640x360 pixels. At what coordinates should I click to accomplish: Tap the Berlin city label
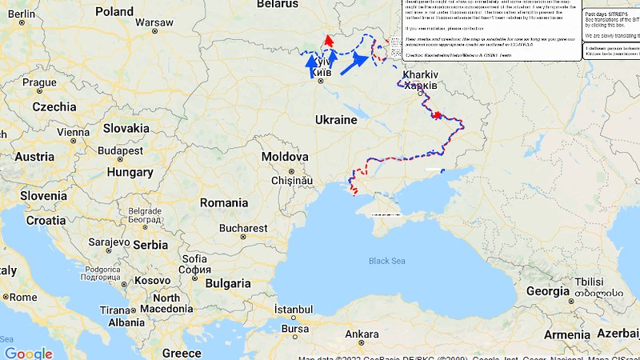click(x=22, y=14)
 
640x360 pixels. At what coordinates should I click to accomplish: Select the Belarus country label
click(x=277, y=4)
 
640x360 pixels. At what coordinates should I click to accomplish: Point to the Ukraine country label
click(x=336, y=120)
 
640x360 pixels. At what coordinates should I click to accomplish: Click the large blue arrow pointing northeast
click(x=354, y=63)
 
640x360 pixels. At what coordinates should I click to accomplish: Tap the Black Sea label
click(x=387, y=261)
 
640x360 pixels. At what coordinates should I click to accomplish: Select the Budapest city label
click(x=120, y=150)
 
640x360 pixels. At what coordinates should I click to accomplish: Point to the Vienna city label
click(x=73, y=132)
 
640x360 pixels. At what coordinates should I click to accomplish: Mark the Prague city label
click(x=39, y=82)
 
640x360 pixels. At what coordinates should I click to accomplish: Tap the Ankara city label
click(x=362, y=334)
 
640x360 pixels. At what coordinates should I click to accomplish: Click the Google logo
click(x=28, y=353)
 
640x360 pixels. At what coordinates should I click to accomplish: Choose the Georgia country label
click(x=547, y=291)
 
